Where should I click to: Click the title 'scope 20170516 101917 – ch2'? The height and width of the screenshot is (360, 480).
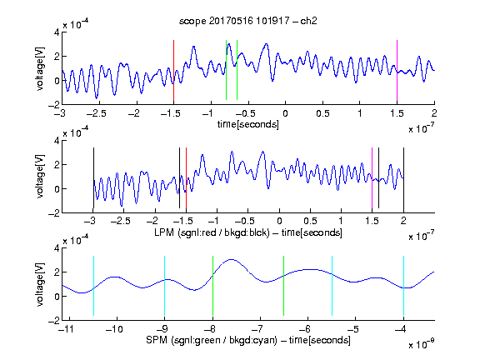click(248, 21)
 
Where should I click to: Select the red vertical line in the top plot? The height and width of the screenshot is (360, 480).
click(173, 70)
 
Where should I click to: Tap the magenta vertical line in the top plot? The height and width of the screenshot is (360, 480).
click(397, 70)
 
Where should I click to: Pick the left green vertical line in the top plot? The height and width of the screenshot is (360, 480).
click(226, 70)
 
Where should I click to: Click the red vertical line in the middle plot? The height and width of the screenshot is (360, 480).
click(186, 178)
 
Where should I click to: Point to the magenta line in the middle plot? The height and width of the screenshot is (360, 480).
click(372, 178)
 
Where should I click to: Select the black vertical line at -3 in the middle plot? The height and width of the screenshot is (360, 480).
click(93, 178)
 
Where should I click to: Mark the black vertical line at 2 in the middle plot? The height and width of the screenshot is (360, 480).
click(403, 178)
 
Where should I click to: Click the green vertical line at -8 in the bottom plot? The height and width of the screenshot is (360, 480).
click(212, 286)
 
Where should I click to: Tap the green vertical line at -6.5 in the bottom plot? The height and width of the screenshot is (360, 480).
click(284, 286)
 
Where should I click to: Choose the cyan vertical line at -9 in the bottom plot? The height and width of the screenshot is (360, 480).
click(165, 286)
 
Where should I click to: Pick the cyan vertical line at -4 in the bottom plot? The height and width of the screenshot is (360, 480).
click(404, 286)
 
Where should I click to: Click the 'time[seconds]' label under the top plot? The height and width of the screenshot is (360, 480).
click(248, 124)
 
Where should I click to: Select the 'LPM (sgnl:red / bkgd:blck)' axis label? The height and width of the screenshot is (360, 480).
click(212, 232)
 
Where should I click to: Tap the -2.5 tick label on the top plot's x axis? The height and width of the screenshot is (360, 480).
click(97, 113)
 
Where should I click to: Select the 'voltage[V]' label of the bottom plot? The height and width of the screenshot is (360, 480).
click(40, 285)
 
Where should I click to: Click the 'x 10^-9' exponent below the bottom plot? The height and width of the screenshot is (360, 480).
click(422, 343)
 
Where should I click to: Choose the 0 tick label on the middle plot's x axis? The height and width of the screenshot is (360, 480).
click(279, 221)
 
